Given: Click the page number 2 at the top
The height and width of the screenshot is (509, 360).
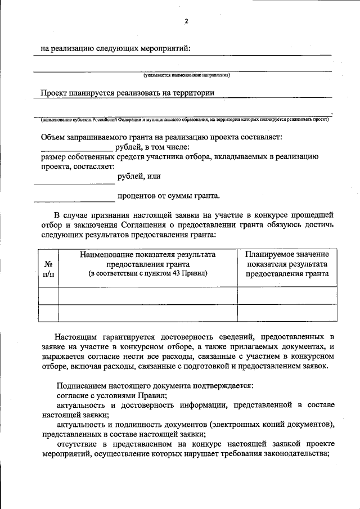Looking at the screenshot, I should (x=186, y=21).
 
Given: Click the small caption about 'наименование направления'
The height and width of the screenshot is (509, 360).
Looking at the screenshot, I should (x=186, y=74).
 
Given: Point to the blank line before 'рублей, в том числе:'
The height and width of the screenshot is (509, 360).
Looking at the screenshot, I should (x=77, y=151).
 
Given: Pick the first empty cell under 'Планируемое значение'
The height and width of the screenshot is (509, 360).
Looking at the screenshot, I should (x=287, y=295).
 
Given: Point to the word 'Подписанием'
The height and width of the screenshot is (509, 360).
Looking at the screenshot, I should (x=79, y=385).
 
